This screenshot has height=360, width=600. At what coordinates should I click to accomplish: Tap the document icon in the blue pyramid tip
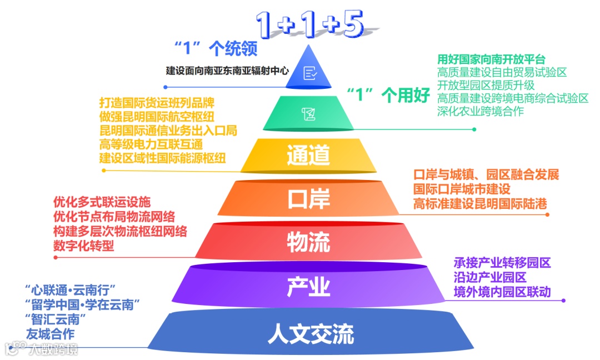pos(309,72)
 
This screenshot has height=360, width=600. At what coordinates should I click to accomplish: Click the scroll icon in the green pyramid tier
pos(308,114)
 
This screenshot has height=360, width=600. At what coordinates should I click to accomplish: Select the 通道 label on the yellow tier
pos(308,156)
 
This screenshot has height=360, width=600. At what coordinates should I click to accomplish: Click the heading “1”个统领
pos(216,49)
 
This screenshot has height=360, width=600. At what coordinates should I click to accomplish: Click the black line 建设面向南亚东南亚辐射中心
pos(228,71)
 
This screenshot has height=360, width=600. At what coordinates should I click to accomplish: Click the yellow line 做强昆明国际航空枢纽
pos(157,117)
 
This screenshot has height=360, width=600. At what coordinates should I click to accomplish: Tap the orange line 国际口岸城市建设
pos(462,189)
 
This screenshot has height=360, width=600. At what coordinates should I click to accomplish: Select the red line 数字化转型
pos(84,245)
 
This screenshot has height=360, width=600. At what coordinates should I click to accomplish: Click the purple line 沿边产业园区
pos(489,277)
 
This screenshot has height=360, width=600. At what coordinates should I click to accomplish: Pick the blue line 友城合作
pos(50,334)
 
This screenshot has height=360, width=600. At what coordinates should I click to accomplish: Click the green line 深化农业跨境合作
pos(480,111)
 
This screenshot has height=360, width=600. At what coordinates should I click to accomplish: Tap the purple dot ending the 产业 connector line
pos(563,301)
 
